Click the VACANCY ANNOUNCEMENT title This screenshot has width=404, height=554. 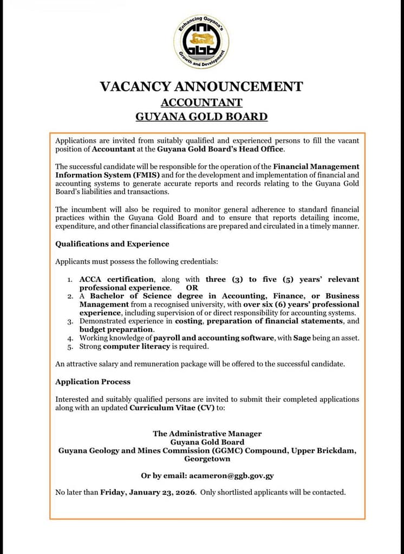click(201, 87)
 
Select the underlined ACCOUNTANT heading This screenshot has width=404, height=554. click(201, 102)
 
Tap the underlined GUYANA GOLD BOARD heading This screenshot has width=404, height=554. click(201, 116)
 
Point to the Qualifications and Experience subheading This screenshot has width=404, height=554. click(112, 244)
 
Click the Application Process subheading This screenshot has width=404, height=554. click(93, 381)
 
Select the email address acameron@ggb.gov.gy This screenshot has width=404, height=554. click(231, 476)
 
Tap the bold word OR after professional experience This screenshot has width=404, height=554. click(192, 288)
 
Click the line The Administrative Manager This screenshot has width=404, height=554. click(207, 433)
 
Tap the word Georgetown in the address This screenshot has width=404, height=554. click(207, 459)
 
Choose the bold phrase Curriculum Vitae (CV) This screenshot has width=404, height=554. click(172, 408)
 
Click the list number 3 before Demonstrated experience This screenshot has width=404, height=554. click(70, 321)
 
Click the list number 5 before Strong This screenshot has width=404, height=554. click(70, 347)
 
